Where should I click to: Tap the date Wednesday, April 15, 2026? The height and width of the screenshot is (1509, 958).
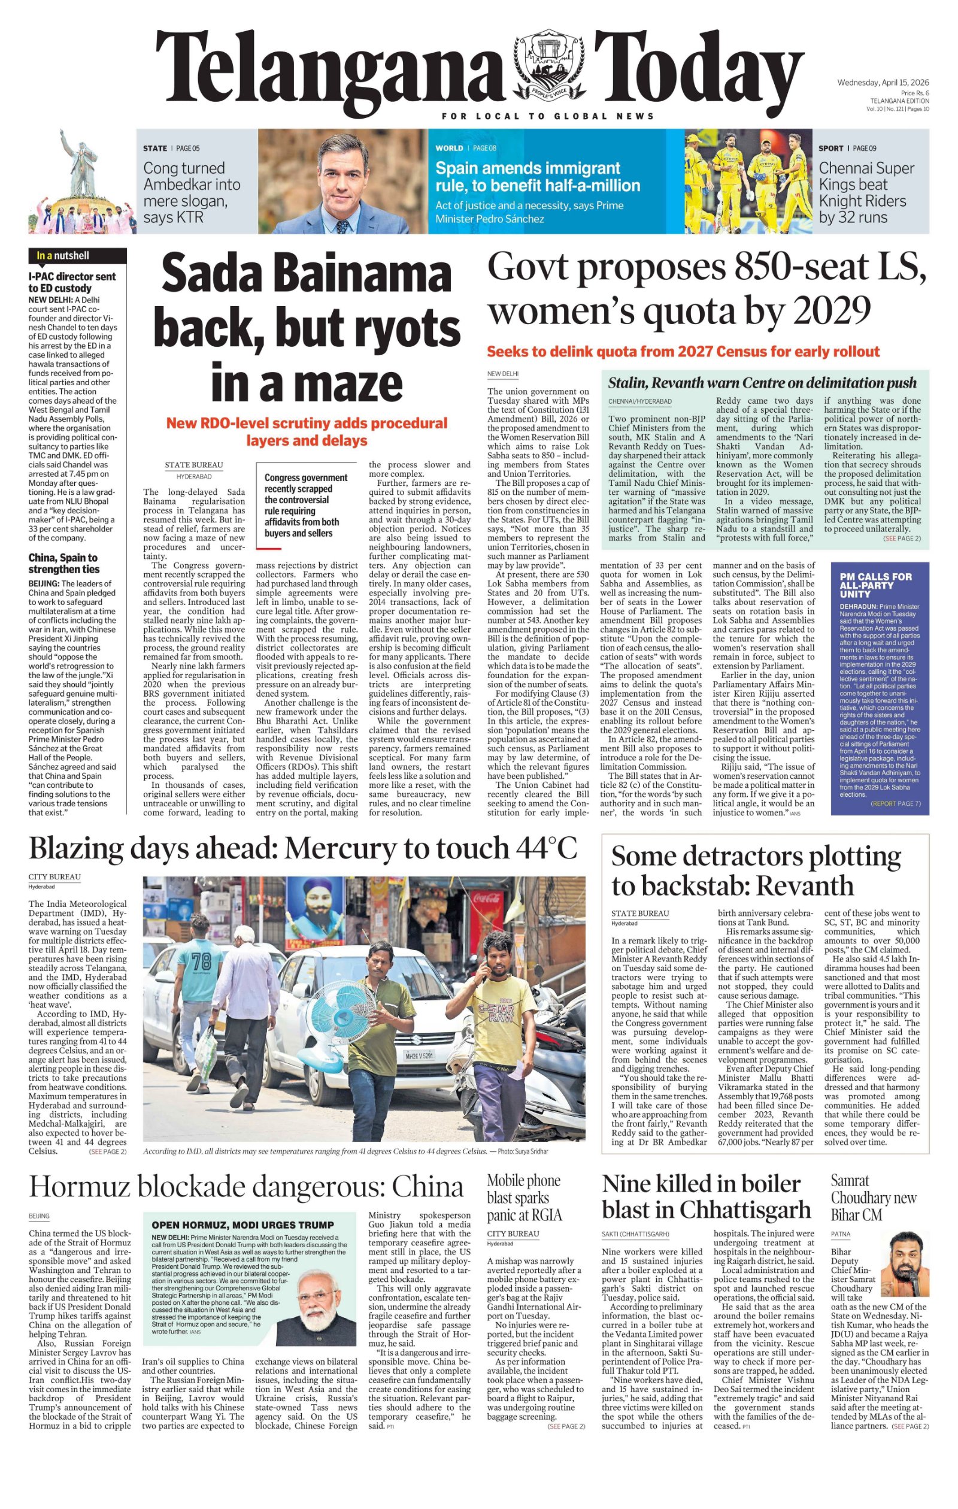click(x=883, y=83)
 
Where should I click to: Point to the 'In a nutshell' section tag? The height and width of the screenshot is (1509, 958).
click(x=63, y=256)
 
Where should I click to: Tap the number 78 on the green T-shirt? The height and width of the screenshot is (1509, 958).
click(x=202, y=961)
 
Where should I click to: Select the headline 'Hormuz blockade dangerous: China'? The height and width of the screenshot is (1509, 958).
click(x=245, y=1187)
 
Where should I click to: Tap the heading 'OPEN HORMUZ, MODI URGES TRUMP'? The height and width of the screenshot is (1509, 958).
click(x=242, y=1224)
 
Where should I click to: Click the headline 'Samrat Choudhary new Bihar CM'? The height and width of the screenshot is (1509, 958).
click(x=874, y=1197)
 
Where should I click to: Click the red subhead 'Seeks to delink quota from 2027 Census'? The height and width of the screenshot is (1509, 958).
click(x=683, y=351)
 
